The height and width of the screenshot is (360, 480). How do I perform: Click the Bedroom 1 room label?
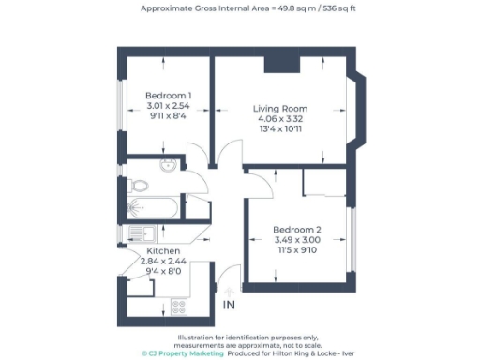click(169, 96)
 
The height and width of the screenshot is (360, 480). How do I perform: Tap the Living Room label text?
click(280, 109)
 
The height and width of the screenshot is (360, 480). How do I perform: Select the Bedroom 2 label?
click(297, 230)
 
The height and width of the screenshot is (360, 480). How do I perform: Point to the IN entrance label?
click(230, 306)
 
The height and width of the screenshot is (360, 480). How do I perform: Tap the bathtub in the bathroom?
click(157, 208)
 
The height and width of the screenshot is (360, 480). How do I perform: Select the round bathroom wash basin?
click(167, 166)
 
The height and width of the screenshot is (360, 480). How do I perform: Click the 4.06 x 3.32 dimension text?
click(280, 120)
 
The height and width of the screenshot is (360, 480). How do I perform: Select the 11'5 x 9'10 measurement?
click(297, 251)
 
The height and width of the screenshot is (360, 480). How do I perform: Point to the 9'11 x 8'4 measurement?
click(169, 117)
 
